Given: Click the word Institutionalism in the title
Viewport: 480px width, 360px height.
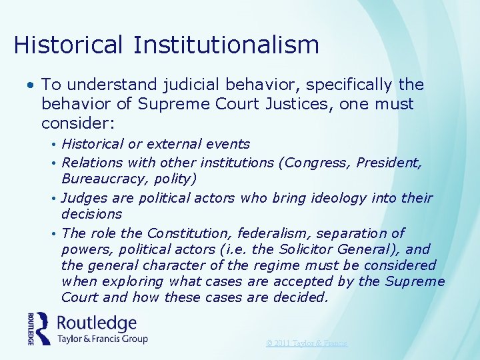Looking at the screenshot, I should pos(226,45).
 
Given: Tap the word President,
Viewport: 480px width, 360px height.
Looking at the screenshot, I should pos(389,162).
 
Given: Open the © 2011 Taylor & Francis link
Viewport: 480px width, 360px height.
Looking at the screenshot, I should pos(306,343).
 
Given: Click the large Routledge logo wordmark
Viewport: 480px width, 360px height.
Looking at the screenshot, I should pos(97,323).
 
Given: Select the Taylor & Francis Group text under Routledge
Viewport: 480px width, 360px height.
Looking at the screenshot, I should pos(102,339).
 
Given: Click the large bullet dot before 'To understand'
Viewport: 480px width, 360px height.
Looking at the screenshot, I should pos(31,85).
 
